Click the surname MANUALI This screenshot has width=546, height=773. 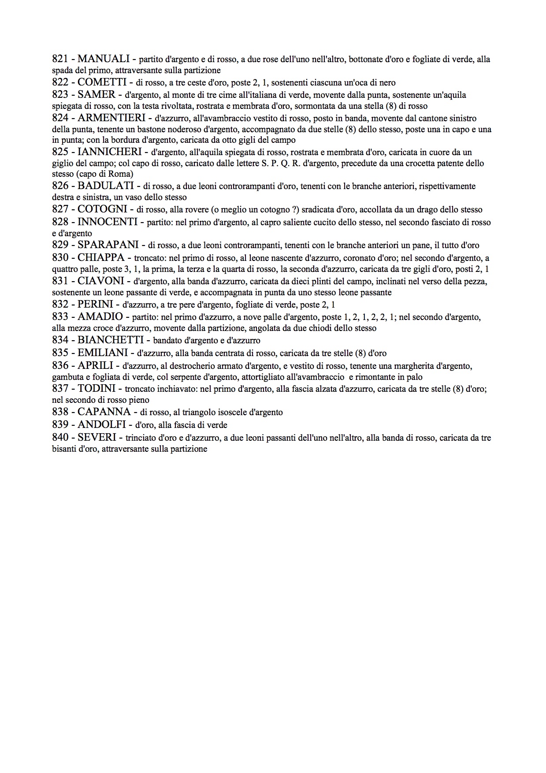tap(104, 59)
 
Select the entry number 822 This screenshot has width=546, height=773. tap(60, 82)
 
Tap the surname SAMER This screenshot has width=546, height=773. tap(97, 94)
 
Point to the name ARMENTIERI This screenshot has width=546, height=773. tap(111, 118)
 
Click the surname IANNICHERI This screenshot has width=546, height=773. tap(110, 152)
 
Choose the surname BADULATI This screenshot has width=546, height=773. tap(105, 186)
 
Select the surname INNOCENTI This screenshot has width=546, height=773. tap(108, 222)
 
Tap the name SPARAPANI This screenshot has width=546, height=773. tap(108, 245)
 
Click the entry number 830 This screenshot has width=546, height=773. tap(60, 257)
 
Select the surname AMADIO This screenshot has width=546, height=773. tap(100, 316)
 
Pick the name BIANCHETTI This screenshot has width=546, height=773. tap(111, 340)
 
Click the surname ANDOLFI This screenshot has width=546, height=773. tap(102, 424)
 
